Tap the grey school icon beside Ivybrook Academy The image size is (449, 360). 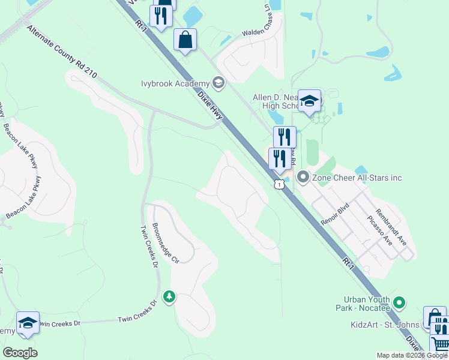[218, 83]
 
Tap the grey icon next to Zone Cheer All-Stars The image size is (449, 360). [303, 177]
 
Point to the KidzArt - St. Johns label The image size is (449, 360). [385, 325]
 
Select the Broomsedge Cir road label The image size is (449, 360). [166, 244]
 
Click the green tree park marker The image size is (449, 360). [169, 296]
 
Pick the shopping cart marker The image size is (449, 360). [440, 346]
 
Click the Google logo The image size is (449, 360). [20, 352]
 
